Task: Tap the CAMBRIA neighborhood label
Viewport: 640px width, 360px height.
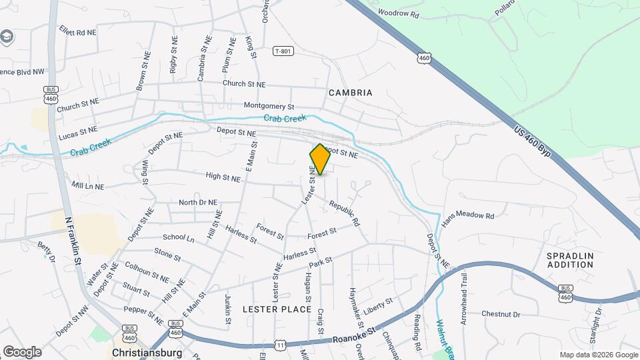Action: click(350, 93)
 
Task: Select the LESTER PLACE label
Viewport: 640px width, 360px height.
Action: click(277, 309)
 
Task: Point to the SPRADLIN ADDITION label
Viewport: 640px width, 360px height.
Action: click(570, 260)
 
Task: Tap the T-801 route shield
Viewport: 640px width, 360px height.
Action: click(283, 51)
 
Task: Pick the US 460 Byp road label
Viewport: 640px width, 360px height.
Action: click(537, 141)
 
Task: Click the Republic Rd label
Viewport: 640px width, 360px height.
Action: click(344, 213)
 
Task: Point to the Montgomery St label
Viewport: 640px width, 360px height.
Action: click(269, 106)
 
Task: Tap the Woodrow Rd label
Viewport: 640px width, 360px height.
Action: click(398, 13)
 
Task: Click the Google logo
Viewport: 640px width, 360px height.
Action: click(21, 351)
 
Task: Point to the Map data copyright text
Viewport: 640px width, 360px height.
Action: click(598, 355)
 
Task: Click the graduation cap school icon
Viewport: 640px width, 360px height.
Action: click(7, 36)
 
